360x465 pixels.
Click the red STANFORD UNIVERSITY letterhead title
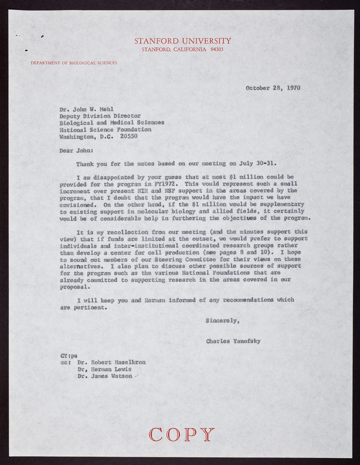coord(183,41)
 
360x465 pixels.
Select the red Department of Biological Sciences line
coord(74,62)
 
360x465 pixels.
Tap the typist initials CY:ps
coord(68,355)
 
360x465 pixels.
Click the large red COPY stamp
coord(182,434)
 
